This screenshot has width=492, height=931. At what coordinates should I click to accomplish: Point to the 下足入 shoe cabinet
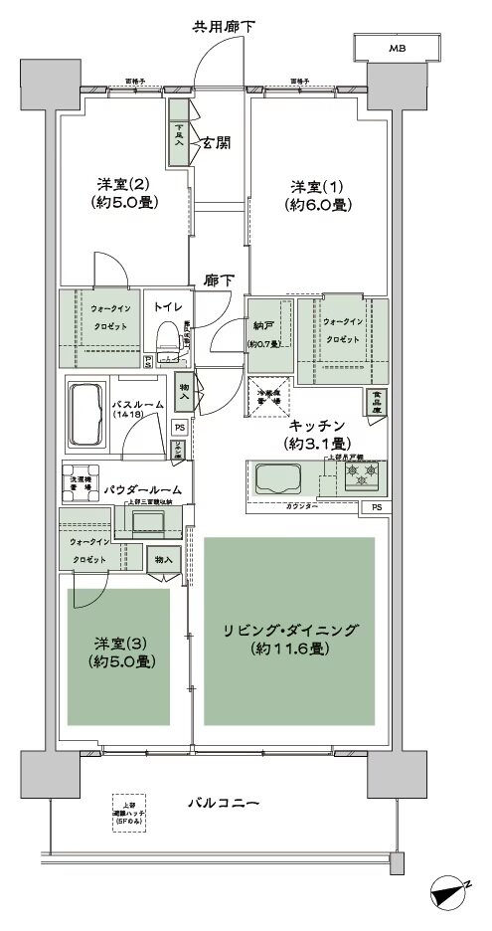[180, 133]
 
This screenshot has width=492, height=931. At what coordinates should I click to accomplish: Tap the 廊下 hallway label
[220, 281]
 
